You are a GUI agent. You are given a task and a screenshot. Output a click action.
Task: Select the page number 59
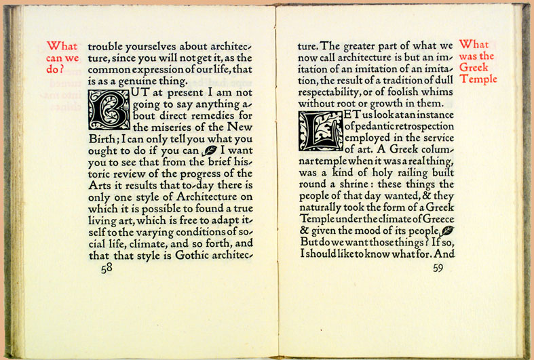coord(438,267)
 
